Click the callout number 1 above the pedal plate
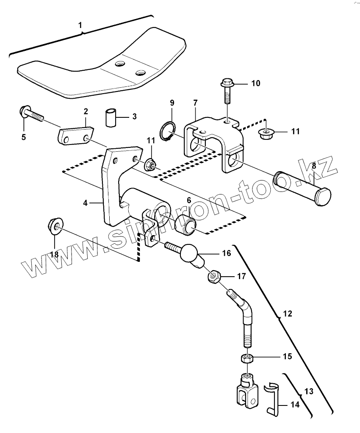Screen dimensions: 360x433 coord(80,25)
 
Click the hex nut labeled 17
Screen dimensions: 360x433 coord(213,277)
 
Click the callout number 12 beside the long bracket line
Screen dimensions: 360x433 coord(288,314)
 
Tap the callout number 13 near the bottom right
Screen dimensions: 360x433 coord(309,391)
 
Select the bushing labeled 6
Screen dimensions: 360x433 coord(186,225)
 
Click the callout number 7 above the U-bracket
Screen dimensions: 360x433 coord(196,103)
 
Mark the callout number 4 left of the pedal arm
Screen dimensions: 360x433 coord(85,203)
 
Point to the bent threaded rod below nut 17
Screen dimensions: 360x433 coord(244,318)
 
